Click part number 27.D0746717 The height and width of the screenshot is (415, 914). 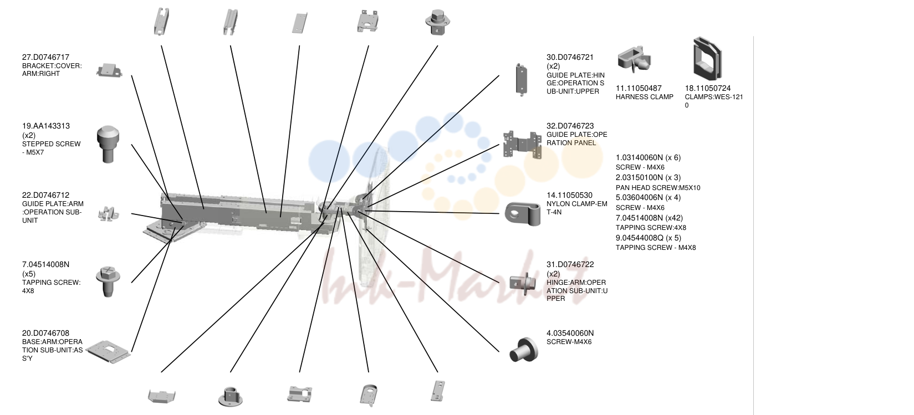[x=45, y=57]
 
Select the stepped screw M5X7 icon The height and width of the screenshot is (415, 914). [x=108, y=145]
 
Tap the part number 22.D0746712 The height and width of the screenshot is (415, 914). [x=45, y=195]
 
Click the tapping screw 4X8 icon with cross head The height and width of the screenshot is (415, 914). [x=108, y=281]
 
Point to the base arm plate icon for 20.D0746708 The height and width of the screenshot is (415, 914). [x=109, y=351]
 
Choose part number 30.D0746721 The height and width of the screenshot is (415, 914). [x=570, y=57]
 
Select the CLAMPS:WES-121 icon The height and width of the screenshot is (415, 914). [x=707, y=58]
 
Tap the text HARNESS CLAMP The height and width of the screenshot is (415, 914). [x=644, y=97]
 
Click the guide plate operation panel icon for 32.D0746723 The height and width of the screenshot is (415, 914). [x=522, y=145]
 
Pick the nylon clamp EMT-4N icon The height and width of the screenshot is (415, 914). [x=523, y=213]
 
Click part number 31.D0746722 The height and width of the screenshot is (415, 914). [x=570, y=264]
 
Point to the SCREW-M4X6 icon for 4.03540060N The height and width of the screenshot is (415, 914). [x=523, y=350]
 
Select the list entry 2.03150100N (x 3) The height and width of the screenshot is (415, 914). [x=649, y=177]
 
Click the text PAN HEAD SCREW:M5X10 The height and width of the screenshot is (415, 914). [x=658, y=188]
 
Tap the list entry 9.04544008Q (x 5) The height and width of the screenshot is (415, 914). [x=649, y=238]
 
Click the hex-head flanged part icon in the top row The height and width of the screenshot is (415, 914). [x=437, y=22]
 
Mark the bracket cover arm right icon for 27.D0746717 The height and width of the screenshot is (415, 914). [x=109, y=70]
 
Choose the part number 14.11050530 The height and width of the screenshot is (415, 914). [x=569, y=195]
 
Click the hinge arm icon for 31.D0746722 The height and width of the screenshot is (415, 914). [x=525, y=283]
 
